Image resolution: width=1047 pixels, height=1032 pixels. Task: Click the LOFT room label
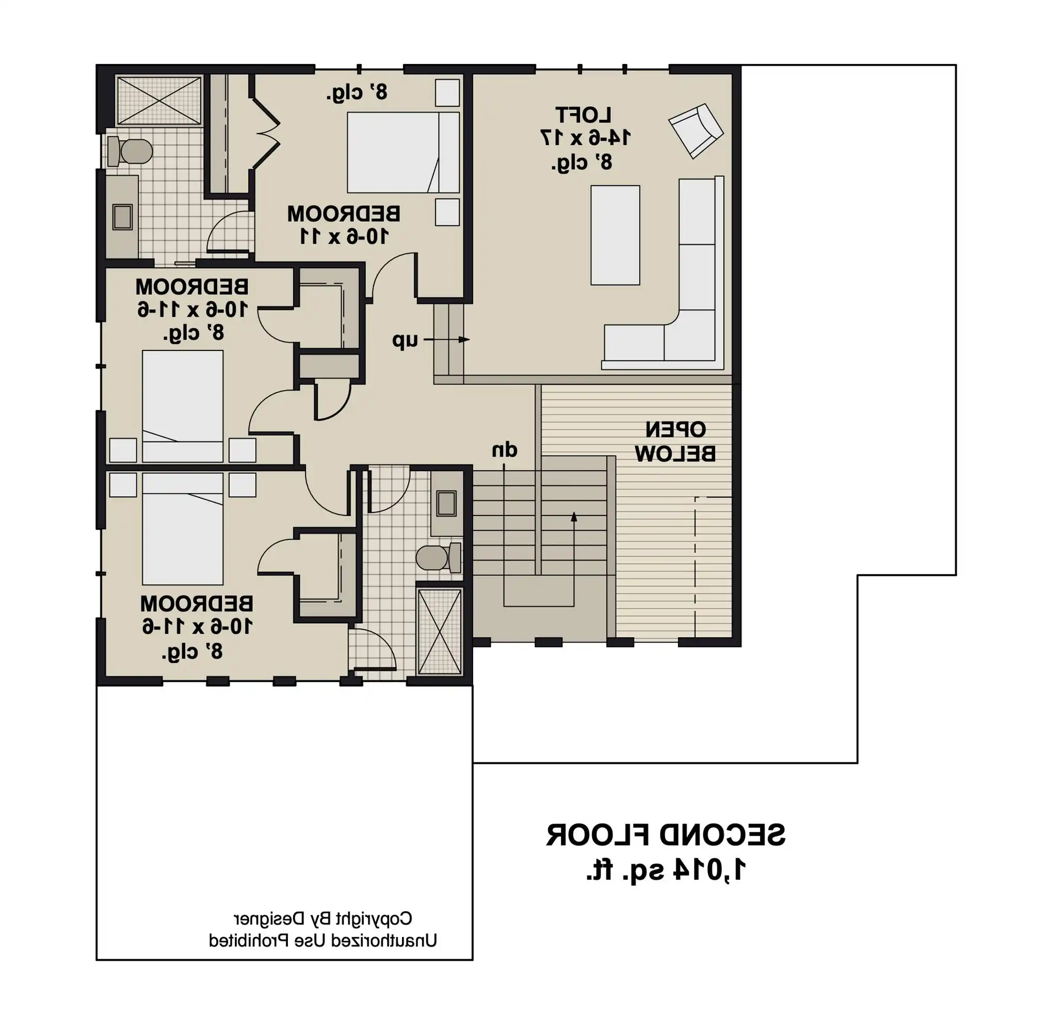(x=583, y=115)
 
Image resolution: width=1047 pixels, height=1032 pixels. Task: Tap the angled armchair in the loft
(x=696, y=131)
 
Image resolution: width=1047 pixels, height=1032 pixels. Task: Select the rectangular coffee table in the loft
(x=615, y=235)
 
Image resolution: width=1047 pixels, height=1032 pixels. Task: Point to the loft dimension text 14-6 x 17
(x=585, y=138)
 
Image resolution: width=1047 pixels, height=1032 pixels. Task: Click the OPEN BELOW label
(x=675, y=442)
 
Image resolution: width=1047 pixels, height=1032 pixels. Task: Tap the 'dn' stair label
(x=505, y=450)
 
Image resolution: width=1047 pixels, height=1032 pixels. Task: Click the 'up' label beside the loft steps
(x=406, y=341)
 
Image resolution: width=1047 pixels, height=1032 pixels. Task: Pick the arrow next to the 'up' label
(x=446, y=340)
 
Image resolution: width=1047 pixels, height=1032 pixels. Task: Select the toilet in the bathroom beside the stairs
(x=439, y=557)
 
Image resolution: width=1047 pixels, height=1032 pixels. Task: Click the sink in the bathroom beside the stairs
(x=446, y=504)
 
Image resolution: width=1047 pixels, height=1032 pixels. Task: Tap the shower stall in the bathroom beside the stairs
(x=440, y=632)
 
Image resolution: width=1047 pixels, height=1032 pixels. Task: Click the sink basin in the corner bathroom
(x=122, y=217)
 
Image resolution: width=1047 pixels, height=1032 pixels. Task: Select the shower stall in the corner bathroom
(x=159, y=101)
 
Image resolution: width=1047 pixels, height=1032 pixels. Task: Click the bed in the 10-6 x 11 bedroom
(x=403, y=152)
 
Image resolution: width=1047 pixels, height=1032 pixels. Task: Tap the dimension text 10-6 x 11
(x=344, y=236)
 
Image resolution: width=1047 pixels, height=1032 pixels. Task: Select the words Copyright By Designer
(x=323, y=918)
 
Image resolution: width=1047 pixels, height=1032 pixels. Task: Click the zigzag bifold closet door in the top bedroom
(x=266, y=132)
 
